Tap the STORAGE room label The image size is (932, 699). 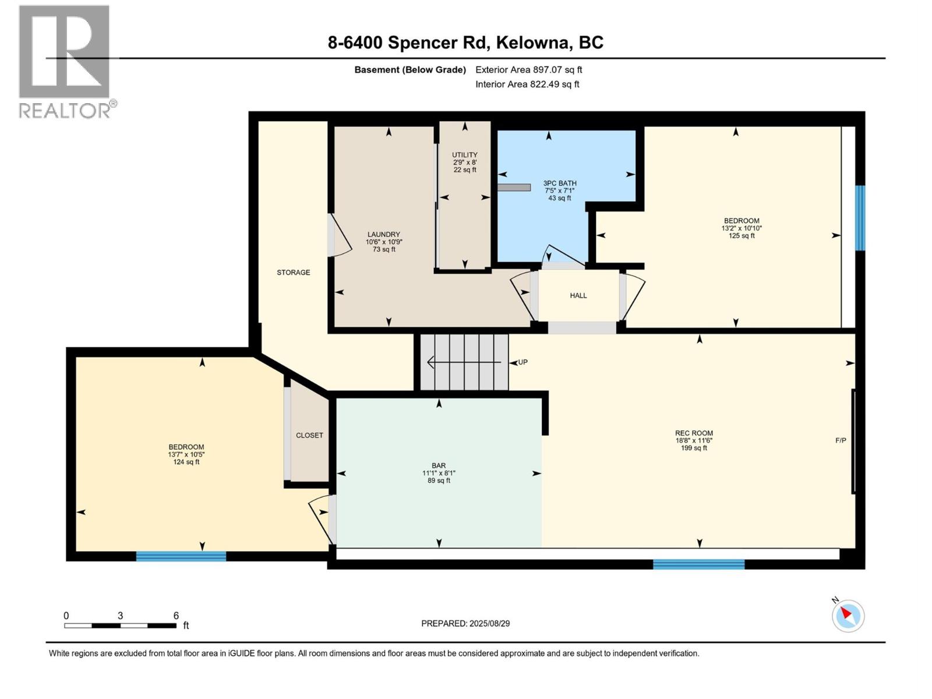pos(293,273)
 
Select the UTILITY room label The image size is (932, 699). pos(464,155)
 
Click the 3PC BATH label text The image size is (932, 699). pos(559,183)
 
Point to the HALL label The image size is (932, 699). pos(578,296)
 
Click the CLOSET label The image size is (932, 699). pos(309,435)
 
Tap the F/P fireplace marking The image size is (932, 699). pos(841,440)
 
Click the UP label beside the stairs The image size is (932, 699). pos(523,362)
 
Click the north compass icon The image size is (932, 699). pos(848,615)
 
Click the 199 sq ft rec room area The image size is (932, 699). pos(694,448)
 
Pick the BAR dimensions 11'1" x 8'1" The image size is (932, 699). pos(439,473)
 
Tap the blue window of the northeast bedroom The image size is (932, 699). pos(860,218)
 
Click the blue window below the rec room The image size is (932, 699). pos(698,564)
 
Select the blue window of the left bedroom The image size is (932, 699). pos(181,556)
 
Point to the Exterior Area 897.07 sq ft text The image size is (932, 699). pos(528,70)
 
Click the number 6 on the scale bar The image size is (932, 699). pos(176,616)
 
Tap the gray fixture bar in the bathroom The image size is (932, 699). pos(514,188)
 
